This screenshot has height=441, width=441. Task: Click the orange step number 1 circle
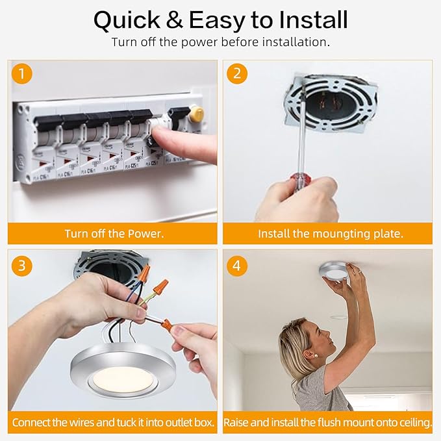[22, 73]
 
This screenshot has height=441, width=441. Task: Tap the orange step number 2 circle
[237, 73]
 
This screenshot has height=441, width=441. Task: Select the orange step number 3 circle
[22, 266]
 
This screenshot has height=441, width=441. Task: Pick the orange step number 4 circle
[237, 266]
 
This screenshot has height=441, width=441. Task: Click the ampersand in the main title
[174, 19]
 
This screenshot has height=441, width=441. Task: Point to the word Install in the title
[313, 19]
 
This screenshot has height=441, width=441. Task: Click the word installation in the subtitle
[296, 42]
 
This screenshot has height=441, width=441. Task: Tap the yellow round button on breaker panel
[197, 114]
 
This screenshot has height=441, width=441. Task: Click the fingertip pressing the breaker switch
[157, 132]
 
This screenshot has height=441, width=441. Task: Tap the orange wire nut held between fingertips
[167, 325]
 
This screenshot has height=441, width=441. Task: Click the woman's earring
[316, 355]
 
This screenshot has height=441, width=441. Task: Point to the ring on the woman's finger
[359, 271]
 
